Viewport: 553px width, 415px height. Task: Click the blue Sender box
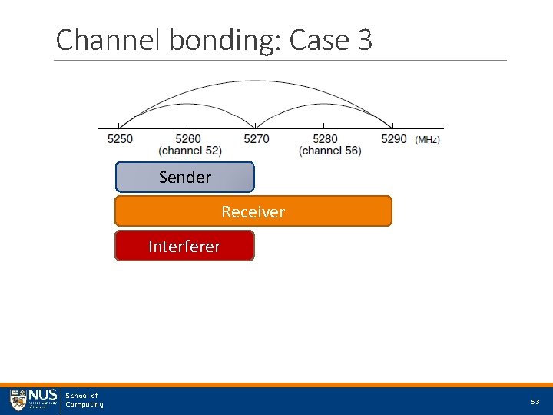tap(184, 177)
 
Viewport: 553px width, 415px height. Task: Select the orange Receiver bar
tap(253, 211)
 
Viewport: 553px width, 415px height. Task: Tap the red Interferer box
tap(184, 246)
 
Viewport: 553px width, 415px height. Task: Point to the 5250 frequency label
tap(120, 139)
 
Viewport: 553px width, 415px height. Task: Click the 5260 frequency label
tap(188, 139)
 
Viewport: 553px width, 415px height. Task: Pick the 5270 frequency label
tap(257, 139)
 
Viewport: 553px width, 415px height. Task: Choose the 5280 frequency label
tap(325, 139)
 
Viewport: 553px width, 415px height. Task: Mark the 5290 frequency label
tap(393, 139)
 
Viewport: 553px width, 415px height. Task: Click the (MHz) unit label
tap(428, 140)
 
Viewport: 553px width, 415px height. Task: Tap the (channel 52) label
tap(190, 151)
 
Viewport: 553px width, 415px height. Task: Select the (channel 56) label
tap(330, 151)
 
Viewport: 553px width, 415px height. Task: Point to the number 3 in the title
tap(365, 40)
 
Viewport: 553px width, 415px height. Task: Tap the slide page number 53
tap(535, 402)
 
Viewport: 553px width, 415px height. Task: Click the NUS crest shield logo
tap(18, 400)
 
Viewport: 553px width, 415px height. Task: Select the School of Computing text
tap(84, 400)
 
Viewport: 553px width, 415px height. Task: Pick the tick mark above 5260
tap(187, 125)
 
